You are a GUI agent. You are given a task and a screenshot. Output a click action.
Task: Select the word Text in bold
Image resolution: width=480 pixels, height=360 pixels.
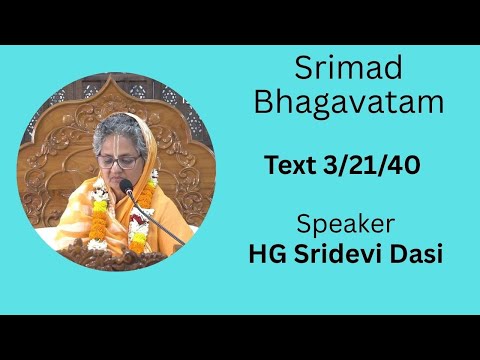click(x=288, y=165)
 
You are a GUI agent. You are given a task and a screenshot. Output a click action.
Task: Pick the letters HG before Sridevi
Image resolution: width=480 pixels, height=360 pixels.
click(x=265, y=253)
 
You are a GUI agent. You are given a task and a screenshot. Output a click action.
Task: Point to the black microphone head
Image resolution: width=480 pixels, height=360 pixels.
click(x=127, y=186)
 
